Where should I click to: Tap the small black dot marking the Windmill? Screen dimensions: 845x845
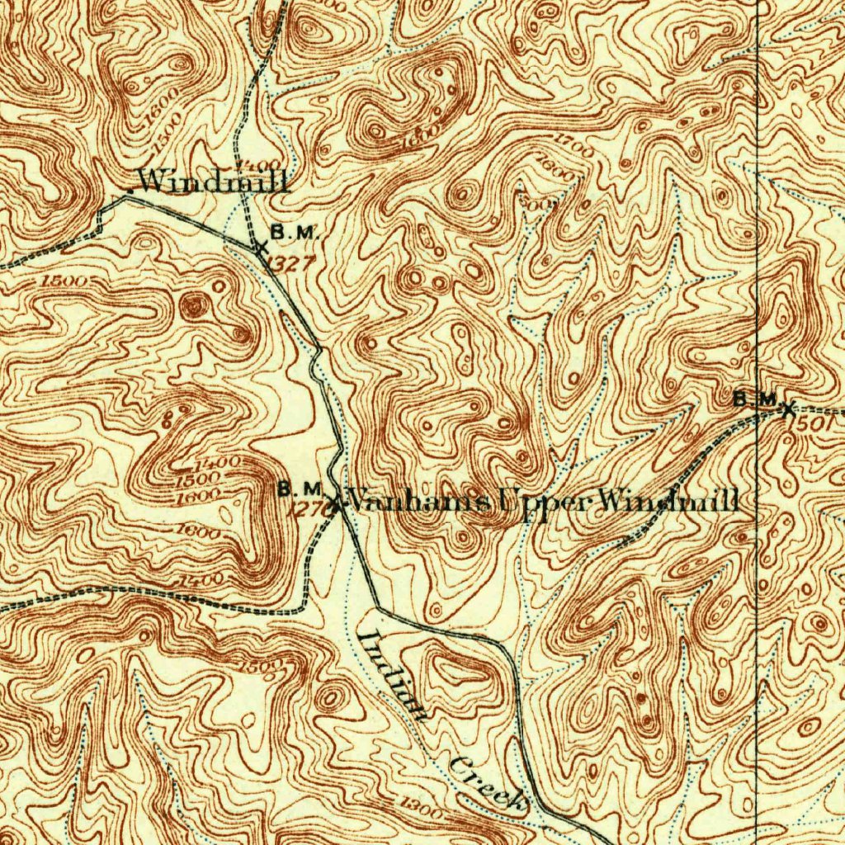130,189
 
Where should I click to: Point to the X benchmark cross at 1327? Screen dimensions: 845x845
262,247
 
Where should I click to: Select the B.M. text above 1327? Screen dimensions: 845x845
294,233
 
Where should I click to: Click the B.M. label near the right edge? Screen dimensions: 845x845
754,399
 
